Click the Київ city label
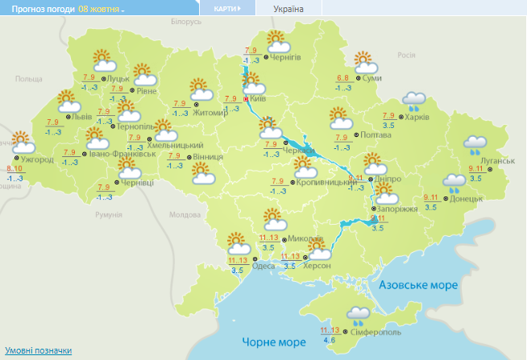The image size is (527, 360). click(x=259, y=98)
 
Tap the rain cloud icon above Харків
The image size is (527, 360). click(x=414, y=100)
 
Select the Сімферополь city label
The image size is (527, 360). click(x=377, y=332)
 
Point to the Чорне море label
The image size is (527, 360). click(x=269, y=343)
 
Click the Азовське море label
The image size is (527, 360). click(x=418, y=286)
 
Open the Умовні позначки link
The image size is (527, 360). click(x=39, y=351)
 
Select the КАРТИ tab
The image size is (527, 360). click(x=226, y=8)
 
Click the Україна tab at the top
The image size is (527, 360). click(x=288, y=8)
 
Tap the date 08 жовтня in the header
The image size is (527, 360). click(x=100, y=8)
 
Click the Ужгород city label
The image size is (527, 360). click(x=38, y=159)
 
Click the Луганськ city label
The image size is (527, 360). click(x=497, y=161)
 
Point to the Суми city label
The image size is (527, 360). click(x=371, y=78)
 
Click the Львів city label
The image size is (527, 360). click(x=82, y=116)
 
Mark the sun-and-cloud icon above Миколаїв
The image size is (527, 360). click(x=274, y=219)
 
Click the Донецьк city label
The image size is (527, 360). click(x=467, y=198)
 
